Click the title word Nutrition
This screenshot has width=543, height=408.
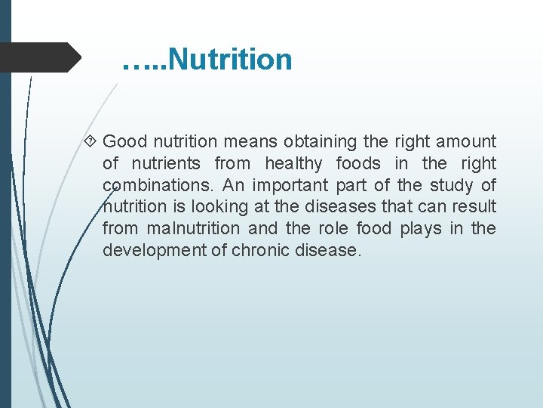tap(231, 59)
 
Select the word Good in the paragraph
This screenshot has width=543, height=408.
tap(124, 141)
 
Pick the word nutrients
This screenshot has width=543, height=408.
tap(166, 163)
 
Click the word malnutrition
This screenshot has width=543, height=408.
tap(193, 228)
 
